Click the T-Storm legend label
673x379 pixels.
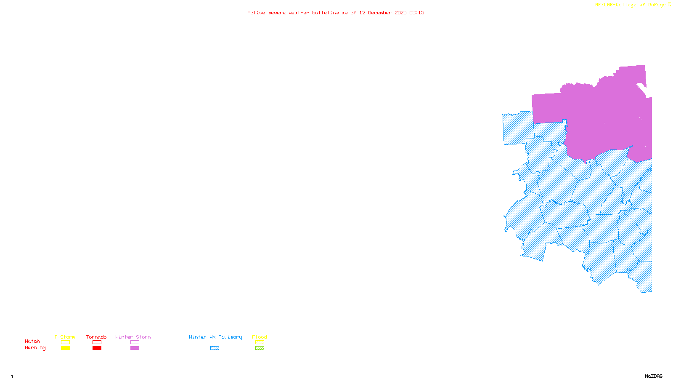tap(65, 337)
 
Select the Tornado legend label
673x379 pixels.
tap(96, 337)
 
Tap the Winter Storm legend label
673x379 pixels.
tap(133, 337)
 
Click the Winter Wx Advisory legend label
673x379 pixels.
tap(215, 337)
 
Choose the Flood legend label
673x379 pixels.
tap(260, 337)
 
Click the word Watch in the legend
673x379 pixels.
tap(32, 341)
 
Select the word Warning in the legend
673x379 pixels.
tap(35, 348)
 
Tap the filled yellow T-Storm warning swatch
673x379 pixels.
tap(65, 348)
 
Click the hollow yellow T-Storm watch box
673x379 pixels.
tap(65, 342)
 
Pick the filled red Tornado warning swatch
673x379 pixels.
tap(97, 348)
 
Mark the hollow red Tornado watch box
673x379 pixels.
tap(97, 342)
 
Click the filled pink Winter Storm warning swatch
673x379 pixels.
tap(135, 348)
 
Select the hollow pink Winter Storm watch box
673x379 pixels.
tap(135, 342)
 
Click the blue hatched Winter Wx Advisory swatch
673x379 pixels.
tap(215, 348)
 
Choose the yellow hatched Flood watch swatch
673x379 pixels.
tap(260, 342)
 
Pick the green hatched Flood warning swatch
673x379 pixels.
tap(260, 348)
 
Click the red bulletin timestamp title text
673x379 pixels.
tap(336, 13)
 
